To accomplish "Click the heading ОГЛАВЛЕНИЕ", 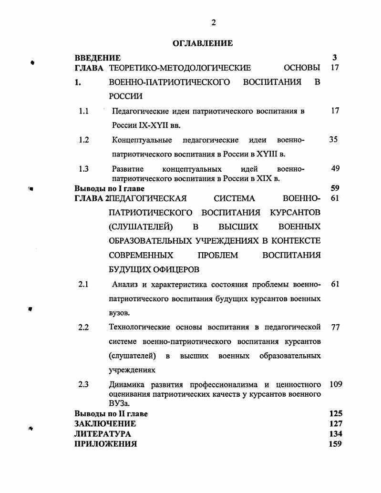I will pyautogui.click(x=203, y=43).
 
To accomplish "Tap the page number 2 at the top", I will pyautogui.click(x=213, y=23).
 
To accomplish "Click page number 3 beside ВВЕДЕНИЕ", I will pyautogui.click(x=335, y=58).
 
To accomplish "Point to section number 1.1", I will pyautogui.click(x=84, y=111).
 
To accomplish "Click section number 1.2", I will pyautogui.click(x=84, y=140).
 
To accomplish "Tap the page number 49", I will pyautogui.click(x=335, y=169).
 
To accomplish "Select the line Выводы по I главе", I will pyautogui.click(x=109, y=188).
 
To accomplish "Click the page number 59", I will pyautogui.click(x=335, y=188).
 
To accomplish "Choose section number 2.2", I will pyautogui.click(x=83, y=328).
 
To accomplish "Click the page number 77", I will pyautogui.click(x=335, y=328).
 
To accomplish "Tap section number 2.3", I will pyautogui.click(x=83, y=385).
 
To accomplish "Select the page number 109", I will pyautogui.click(x=336, y=385).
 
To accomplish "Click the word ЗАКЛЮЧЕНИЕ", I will pyautogui.click(x=105, y=423).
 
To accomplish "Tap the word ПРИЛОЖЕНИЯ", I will pyautogui.click(x=105, y=444).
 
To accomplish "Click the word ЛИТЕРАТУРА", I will pyautogui.click(x=103, y=434).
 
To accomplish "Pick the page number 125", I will pyautogui.click(x=336, y=414).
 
